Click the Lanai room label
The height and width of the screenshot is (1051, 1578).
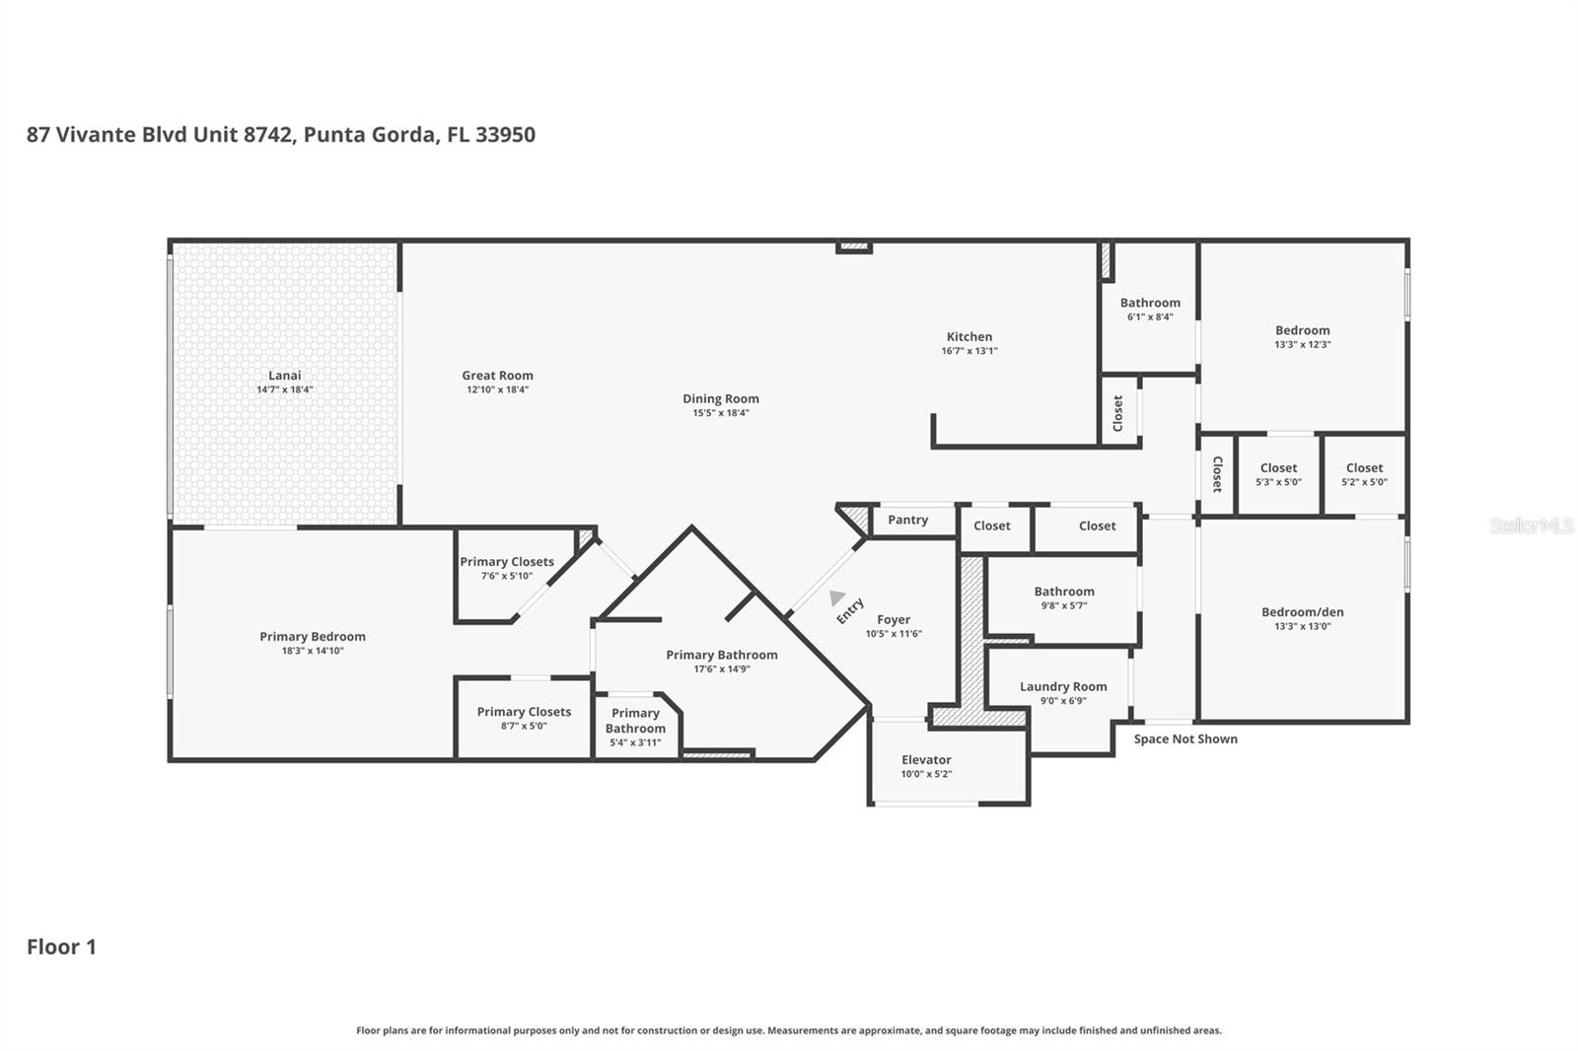click(x=284, y=376)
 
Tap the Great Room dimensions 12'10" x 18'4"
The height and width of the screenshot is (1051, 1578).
click(x=497, y=389)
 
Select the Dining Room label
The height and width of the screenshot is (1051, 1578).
click(x=720, y=399)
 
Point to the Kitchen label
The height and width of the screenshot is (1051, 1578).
click(x=968, y=337)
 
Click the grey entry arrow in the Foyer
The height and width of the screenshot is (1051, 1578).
click(x=836, y=597)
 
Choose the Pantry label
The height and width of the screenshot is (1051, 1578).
click(x=907, y=521)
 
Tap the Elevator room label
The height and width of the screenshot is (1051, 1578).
click(x=926, y=760)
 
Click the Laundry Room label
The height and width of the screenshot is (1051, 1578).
click(x=1062, y=687)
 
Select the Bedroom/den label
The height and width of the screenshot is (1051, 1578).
click(x=1302, y=612)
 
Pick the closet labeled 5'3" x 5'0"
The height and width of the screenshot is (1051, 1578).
click(x=1278, y=474)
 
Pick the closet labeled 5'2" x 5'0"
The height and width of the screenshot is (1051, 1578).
click(x=1364, y=474)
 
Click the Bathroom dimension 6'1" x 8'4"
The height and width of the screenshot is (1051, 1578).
click(x=1150, y=317)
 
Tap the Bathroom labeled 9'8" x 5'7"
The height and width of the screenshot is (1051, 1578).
click(x=1063, y=597)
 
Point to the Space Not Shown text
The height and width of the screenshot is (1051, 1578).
click(x=1184, y=739)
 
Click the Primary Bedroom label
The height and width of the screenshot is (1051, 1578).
click(x=312, y=637)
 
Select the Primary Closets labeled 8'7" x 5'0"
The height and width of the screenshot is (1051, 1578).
click(x=524, y=718)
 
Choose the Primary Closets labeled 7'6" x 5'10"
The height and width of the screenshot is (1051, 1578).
click(x=506, y=568)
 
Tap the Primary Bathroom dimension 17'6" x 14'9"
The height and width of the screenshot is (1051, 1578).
click(x=721, y=669)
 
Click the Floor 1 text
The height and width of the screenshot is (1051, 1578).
click(x=61, y=947)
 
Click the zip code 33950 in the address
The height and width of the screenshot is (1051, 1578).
click(x=505, y=135)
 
